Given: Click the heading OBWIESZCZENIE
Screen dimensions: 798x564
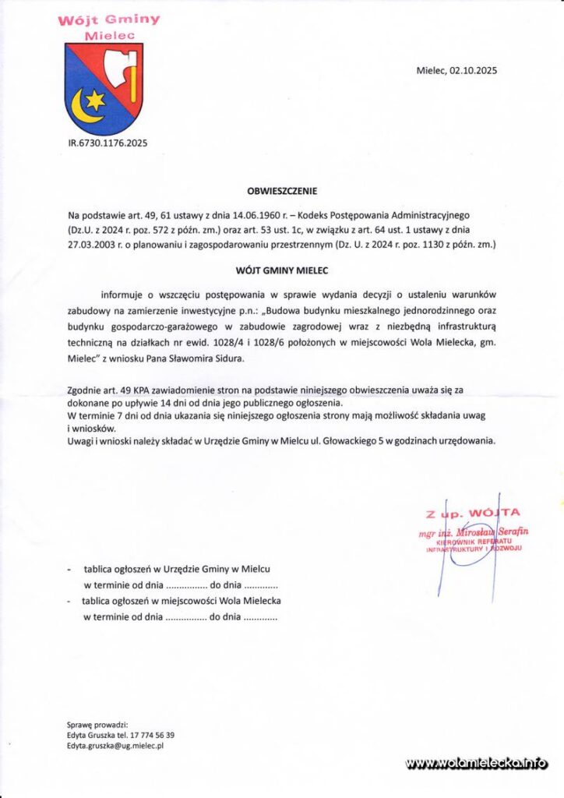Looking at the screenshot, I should (282, 190).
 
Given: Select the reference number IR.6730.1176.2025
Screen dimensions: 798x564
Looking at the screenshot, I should (108, 143).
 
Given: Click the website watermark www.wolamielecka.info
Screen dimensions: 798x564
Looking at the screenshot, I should (476, 764).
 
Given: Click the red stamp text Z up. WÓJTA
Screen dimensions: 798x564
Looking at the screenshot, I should (473, 514).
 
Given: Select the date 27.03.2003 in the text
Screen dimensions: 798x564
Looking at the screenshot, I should (94, 244).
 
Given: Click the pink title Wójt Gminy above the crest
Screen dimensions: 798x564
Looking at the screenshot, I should (109, 19).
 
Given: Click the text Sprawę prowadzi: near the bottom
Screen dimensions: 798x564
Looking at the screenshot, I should (97, 724).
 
